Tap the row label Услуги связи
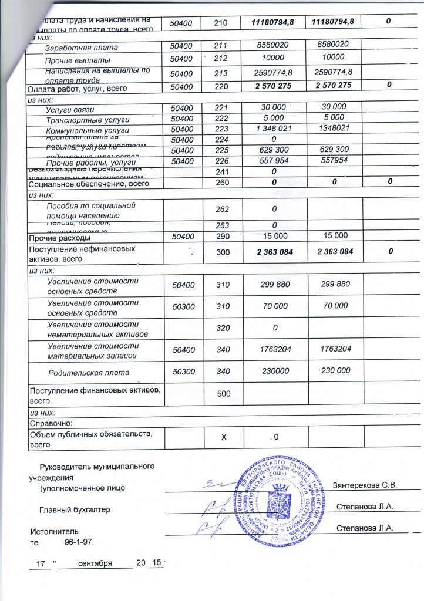(x=70, y=110)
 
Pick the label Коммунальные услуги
(x=87, y=130)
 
